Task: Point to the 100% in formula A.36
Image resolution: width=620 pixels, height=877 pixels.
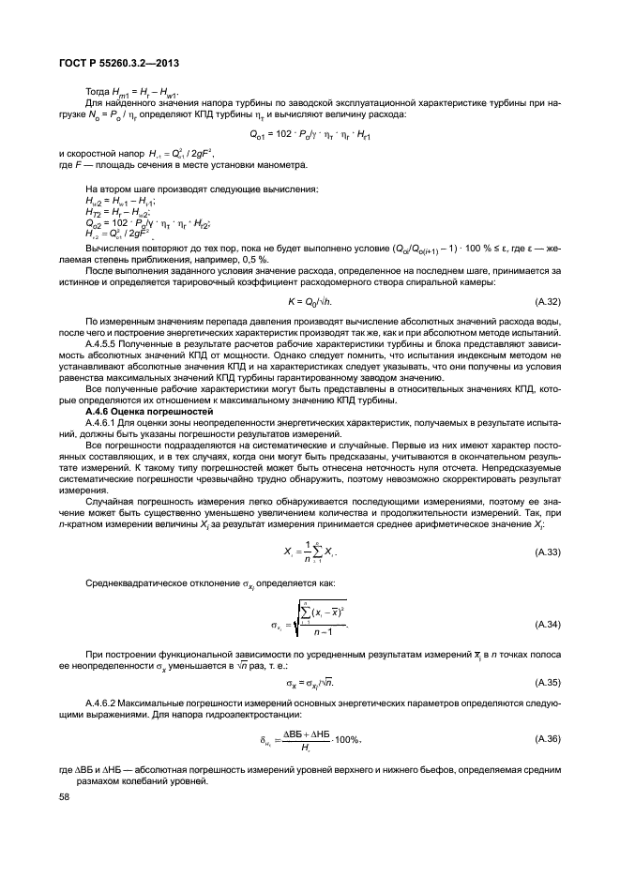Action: click(x=344, y=741)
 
